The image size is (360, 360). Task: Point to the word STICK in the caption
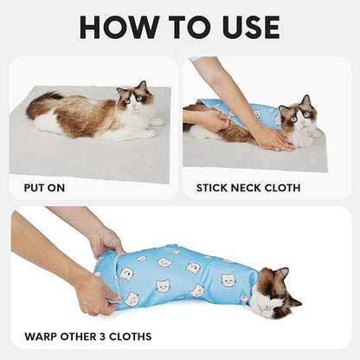pyautogui.click(x=215, y=185)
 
